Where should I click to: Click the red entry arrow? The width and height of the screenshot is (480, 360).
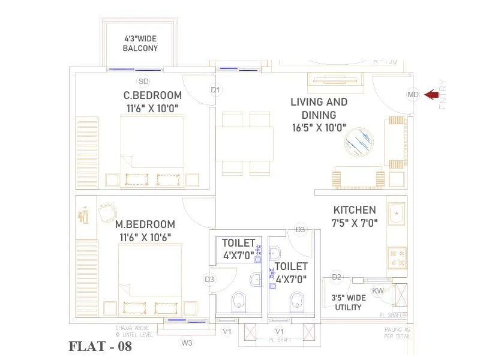[431, 94]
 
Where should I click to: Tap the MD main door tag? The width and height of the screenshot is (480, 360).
[413, 94]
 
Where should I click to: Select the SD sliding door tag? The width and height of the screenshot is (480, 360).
[143, 82]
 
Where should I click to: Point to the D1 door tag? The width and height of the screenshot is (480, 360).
[215, 90]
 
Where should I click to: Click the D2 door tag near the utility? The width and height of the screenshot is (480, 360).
[337, 277]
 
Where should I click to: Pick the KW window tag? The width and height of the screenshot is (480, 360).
[378, 292]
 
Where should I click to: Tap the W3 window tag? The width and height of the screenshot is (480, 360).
[187, 343]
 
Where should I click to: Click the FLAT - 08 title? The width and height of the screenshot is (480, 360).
[100, 346]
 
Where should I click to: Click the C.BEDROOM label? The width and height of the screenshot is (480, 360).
[152, 95]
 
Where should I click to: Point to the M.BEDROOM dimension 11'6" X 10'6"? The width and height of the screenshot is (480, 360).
[145, 237]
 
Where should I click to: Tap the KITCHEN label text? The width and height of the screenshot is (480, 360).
[355, 210]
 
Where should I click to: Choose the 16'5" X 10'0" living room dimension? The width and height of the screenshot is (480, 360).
[319, 128]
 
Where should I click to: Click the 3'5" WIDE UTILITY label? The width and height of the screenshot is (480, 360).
[348, 302]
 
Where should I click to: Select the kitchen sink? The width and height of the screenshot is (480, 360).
[397, 214]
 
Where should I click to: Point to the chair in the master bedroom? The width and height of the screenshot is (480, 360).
[107, 211]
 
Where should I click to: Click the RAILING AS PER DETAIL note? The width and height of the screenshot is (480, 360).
[397, 333]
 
